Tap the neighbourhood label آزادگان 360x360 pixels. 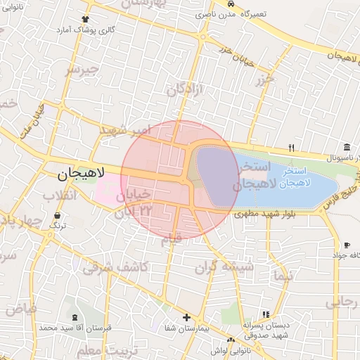[185, 89]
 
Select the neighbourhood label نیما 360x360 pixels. [284, 275]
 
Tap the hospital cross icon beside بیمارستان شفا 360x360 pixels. [186, 317]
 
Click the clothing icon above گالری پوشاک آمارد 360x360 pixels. [86, 19]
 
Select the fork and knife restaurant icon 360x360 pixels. [291, 148]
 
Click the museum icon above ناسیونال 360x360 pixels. [347, 146]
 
